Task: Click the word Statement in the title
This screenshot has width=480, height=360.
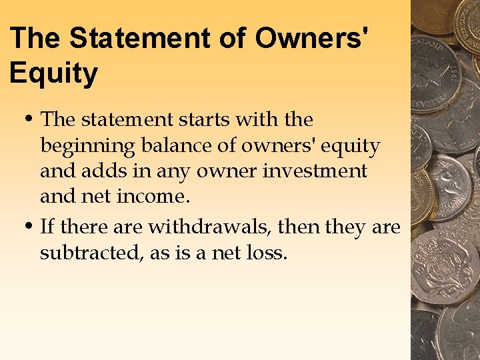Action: pyautogui.click(x=138, y=38)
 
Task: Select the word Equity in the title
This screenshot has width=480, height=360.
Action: pyautogui.click(x=53, y=73)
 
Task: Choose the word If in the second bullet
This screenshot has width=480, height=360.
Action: pyautogui.click(x=47, y=227)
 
